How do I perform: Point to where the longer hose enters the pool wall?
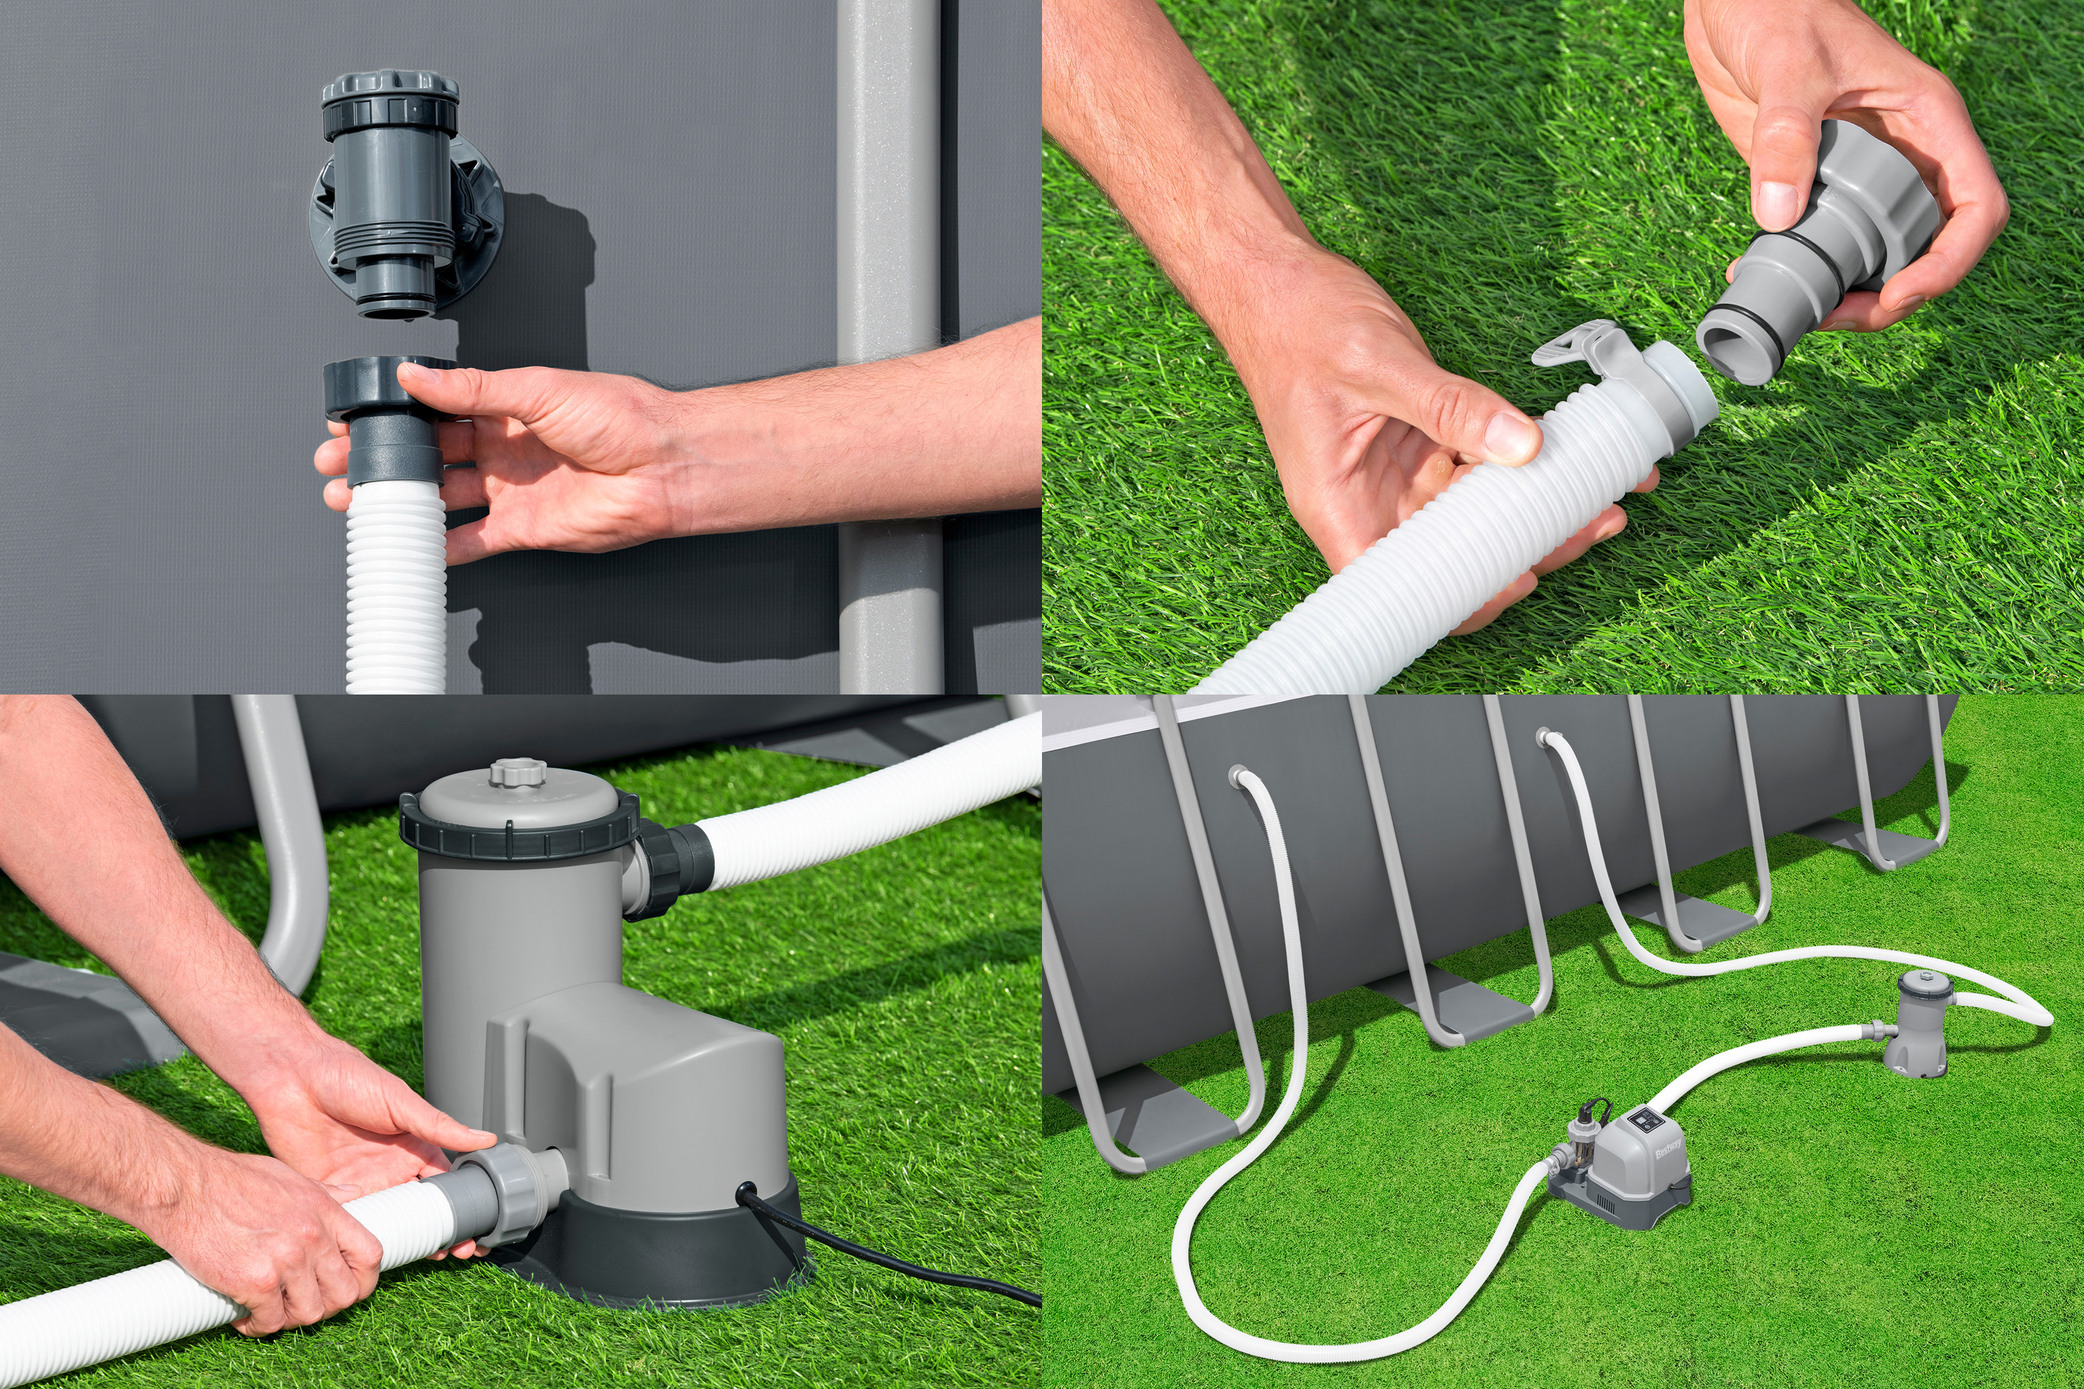click(1544, 735)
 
